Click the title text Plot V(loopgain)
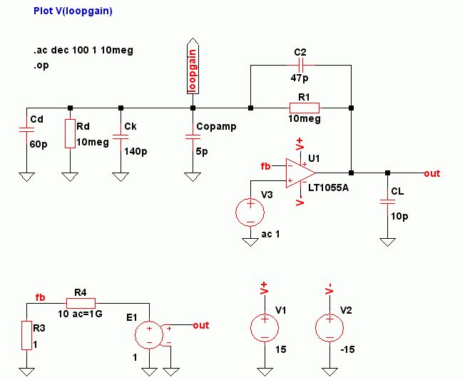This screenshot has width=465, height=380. [x=73, y=11]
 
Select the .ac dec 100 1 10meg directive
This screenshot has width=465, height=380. [x=83, y=51]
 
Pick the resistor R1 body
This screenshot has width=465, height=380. [x=300, y=108]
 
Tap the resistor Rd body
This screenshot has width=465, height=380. [x=70, y=133]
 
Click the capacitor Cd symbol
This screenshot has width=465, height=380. [x=26, y=130]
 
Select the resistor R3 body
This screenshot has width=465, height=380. [x=26, y=335]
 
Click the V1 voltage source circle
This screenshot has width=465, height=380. [x=264, y=329]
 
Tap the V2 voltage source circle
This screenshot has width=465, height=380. [x=329, y=329]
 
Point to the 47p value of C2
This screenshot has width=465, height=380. [x=300, y=77]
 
